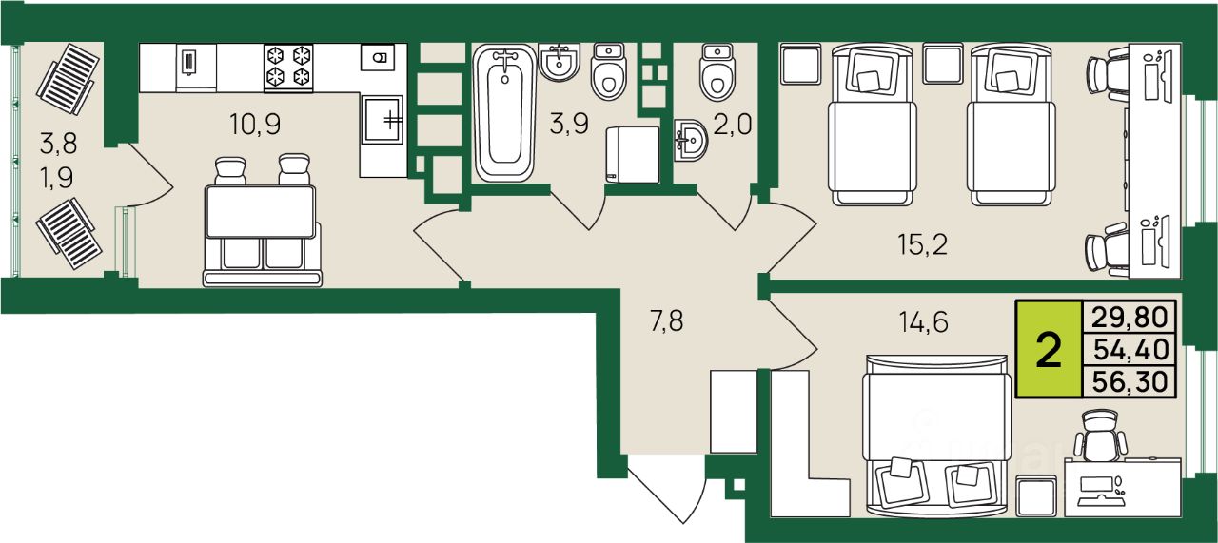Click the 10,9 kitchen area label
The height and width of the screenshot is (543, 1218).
(255, 125)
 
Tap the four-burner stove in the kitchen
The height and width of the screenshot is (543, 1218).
(288, 68)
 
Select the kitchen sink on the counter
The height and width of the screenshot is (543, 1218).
(383, 120)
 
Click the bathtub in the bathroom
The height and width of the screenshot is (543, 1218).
(505, 112)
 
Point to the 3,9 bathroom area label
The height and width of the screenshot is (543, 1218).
(569, 125)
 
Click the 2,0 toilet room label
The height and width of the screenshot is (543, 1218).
(732, 125)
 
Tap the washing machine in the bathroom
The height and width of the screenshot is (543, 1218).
(633, 155)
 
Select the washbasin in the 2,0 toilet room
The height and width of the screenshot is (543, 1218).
(691, 141)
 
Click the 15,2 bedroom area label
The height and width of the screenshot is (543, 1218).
(923, 244)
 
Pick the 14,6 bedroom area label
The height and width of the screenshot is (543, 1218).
(923, 321)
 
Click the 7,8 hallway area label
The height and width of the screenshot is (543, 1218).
(667, 320)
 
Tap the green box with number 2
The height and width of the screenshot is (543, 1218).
(1049, 350)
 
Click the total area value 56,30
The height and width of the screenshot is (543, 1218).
(1130, 381)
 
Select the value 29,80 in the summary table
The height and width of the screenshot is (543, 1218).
(1130, 317)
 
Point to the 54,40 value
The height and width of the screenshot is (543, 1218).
(1130, 349)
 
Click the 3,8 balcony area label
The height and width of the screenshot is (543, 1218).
(58, 144)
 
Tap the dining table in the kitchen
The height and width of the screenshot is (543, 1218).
(261, 212)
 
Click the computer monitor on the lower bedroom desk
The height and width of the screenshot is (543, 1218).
(1095, 484)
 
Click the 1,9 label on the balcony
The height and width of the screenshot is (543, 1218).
(56, 178)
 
